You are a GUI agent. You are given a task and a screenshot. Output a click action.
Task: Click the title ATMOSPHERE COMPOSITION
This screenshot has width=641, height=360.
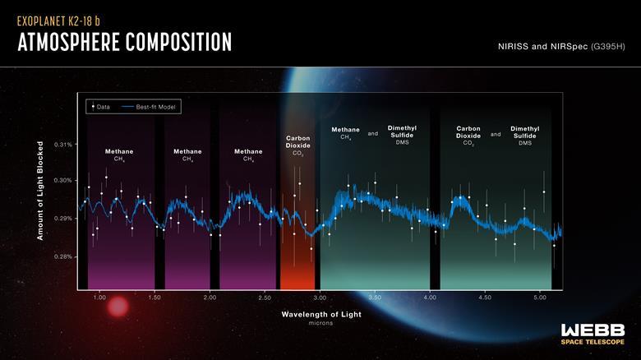click(x=124, y=42)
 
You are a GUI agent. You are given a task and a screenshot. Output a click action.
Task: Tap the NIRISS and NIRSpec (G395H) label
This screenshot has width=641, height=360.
click(x=561, y=46)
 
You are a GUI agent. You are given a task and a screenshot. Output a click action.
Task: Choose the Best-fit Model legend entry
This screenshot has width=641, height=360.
click(x=150, y=107)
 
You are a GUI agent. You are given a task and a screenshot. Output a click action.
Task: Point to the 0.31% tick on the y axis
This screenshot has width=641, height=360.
click(x=64, y=145)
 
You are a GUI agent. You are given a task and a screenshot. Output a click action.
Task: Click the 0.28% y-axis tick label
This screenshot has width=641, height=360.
click(x=64, y=257)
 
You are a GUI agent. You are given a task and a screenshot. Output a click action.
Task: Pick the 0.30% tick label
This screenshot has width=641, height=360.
click(x=64, y=181)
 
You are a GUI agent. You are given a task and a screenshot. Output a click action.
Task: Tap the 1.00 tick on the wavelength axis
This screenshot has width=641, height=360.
click(x=99, y=297)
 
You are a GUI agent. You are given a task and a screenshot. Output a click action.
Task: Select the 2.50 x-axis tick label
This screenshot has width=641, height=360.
click(x=265, y=297)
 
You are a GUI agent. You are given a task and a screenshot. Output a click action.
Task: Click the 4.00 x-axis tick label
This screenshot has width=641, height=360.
click(x=430, y=297)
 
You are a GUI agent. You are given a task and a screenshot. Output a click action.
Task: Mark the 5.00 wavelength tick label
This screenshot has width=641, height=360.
click(x=540, y=297)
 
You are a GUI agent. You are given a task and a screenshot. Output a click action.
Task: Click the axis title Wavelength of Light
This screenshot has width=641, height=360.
click(x=320, y=314)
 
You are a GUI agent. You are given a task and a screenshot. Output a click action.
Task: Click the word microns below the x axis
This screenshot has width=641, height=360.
click(x=320, y=324)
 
